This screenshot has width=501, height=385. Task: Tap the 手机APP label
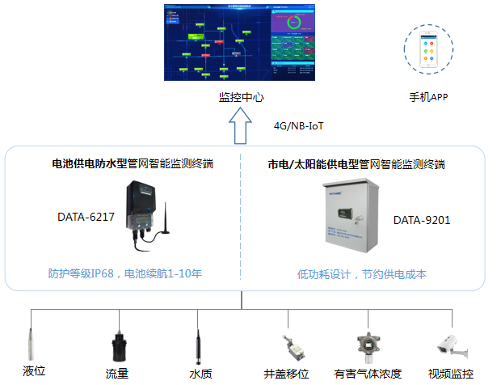click(x=428, y=97)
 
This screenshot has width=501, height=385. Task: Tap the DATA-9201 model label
click(x=421, y=220)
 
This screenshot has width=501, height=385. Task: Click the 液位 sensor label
click(x=33, y=371)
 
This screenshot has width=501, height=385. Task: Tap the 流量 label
click(x=117, y=373)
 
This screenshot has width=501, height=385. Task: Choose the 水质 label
click(x=200, y=373)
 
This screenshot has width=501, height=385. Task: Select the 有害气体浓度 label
click(x=368, y=373)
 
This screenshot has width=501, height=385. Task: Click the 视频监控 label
click(x=450, y=373)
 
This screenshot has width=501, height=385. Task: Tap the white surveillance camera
click(x=449, y=343)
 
